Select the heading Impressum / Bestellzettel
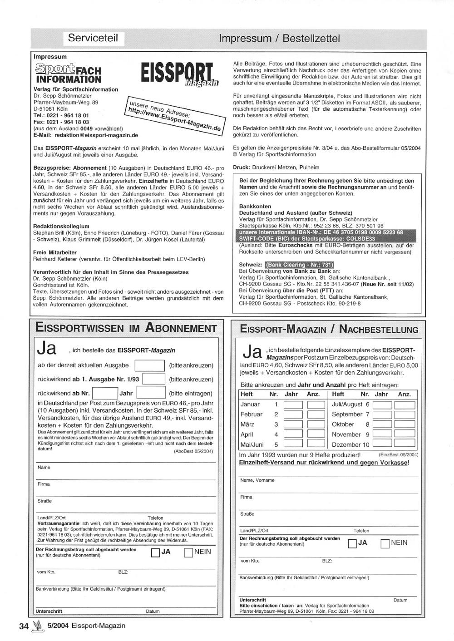point(279,38)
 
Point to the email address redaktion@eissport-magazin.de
point(96,135)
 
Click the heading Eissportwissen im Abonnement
point(126,328)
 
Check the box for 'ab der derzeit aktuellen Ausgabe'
point(150,365)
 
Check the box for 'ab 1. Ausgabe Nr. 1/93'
point(153,379)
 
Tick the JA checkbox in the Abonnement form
point(155,552)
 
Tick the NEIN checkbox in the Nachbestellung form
point(385,543)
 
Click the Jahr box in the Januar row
point(293,404)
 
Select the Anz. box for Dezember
point(405,444)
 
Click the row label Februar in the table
point(251,414)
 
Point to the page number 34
point(24,626)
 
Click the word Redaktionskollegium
point(61,226)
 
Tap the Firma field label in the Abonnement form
point(44,484)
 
